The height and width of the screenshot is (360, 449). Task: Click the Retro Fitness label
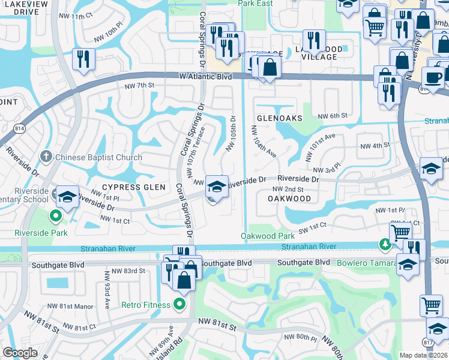(145, 305)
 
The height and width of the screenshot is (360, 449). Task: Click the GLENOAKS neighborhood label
(280, 118)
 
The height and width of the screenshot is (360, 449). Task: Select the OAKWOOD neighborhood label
(289, 198)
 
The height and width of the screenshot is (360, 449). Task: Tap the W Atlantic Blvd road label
(205, 77)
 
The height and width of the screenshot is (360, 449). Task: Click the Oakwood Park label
(268, 236)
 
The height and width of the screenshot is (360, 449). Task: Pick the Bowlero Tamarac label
(361, 263)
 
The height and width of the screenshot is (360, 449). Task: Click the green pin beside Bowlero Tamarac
(385, 244)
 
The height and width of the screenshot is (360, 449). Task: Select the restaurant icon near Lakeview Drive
(83, 59)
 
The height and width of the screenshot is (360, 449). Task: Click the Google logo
(20, 353)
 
